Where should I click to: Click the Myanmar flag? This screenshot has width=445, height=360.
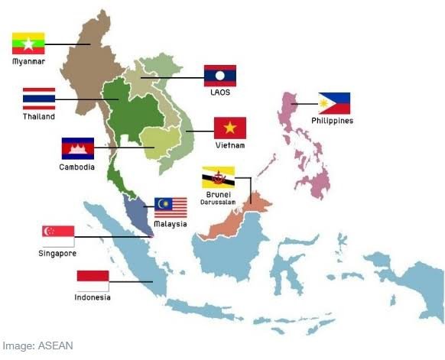pyautogui.click(x=28, y=43)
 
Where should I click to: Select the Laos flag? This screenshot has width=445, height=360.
pyautogui.click(x=219, y=76)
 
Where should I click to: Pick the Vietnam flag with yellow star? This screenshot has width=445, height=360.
pyautogui.click(x=229, y=128)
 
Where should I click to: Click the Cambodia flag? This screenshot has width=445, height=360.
pyautogui.click(x=78, y=148)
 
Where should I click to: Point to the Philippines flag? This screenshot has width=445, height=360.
pyautogui.click(x=334, y=103)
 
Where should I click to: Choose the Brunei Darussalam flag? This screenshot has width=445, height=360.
pyautogui.click(x=218, y=177)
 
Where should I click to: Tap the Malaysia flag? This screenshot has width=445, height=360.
pyautogui.click(x=171, y=207)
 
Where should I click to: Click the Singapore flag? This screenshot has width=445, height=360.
pyautogui.click(x=58, y=235)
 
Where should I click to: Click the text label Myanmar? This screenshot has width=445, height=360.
pyautogui.click(x=28, y=60)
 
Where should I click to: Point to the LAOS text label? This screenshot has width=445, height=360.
pyautogui.click(x=220, y=92)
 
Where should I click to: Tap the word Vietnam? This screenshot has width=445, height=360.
pyautogui.click(x=229, y=144)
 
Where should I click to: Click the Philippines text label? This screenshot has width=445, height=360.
pyautogui.click(x=333, y=121)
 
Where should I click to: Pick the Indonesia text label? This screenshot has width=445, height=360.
pyautogui.click(x=93, y=297)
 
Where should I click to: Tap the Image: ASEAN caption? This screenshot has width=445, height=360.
pyautogui.click(x=37, y=345)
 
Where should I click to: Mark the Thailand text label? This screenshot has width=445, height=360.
pyautogui.click(x=39, y=117)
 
